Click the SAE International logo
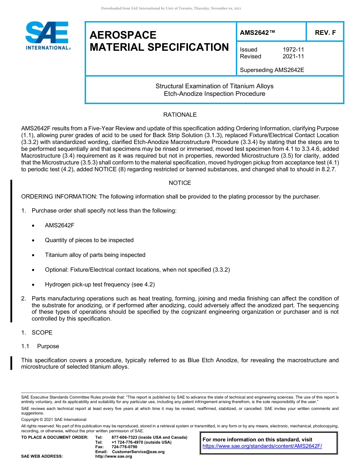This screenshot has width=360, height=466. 47,36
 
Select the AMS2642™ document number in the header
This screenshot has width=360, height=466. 257,33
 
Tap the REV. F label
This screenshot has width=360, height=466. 325,33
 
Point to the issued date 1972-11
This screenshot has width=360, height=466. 293,50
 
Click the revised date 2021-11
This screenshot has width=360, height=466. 293,56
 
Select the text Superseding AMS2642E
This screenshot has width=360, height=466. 272,70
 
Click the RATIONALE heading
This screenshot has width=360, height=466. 180,115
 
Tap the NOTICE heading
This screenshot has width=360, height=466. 180,183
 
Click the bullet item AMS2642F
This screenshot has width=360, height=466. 59,225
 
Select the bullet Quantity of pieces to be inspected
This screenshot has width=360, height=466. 89,240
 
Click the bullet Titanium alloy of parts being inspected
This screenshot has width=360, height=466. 95,255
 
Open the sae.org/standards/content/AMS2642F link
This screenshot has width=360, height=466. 262,446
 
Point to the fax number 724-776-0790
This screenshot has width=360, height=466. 125,447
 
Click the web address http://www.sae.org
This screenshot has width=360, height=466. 114,457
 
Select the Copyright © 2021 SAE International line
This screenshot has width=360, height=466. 54,419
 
